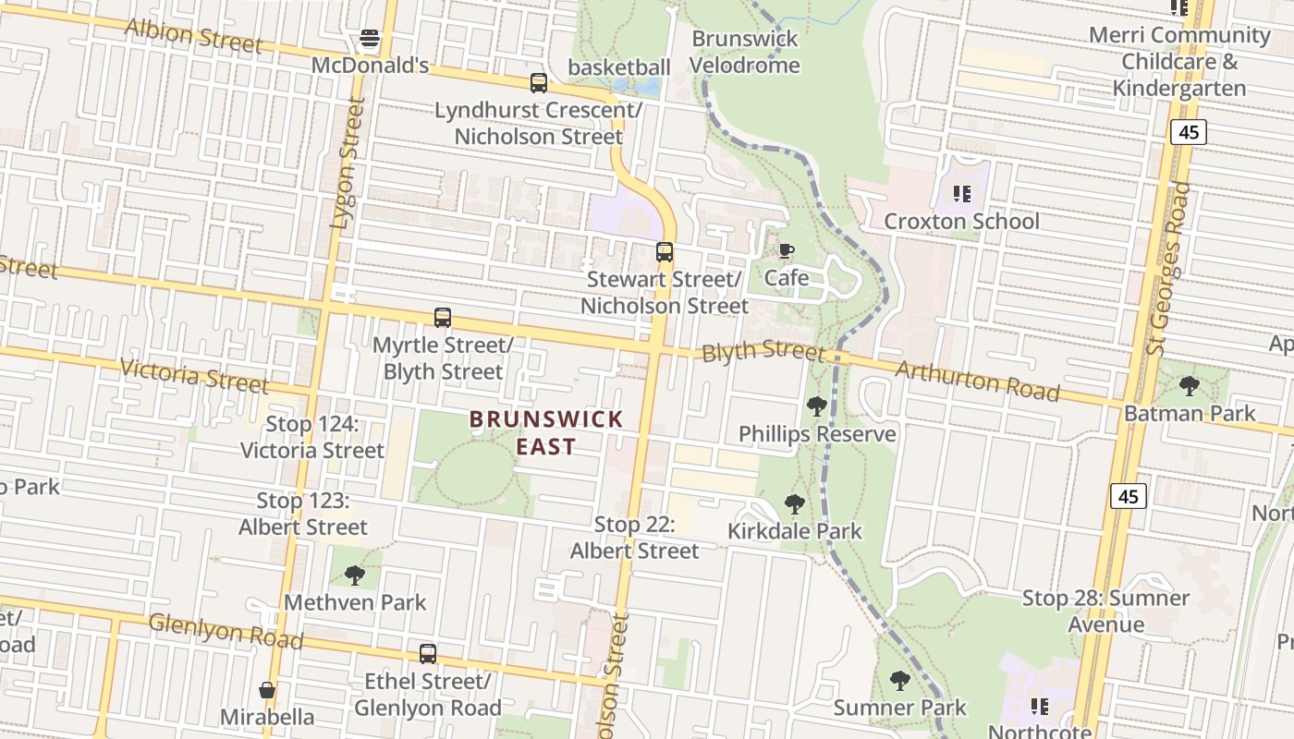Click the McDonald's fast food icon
click(370, 39)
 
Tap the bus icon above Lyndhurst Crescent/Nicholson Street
click(538, 83)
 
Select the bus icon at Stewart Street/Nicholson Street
click(664, 251)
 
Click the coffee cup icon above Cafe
click(786, 251)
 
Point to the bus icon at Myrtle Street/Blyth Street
click(443, 318)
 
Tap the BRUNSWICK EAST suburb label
click(546, 432)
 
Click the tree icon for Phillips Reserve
click(816, 406)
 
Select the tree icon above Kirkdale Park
click(794, 504)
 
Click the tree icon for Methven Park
click(354, 575)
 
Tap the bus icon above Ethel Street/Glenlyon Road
click(427, 654)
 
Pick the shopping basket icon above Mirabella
click(267, 690)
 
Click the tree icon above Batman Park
click(1189, 385)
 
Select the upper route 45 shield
click(1188, 132)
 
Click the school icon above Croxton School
click(961, 194)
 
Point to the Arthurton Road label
click(977, 381)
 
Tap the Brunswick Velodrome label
click(744, 52)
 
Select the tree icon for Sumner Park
click(899, 681)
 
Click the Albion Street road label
click(193, 36)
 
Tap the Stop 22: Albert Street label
click(634, 538)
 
